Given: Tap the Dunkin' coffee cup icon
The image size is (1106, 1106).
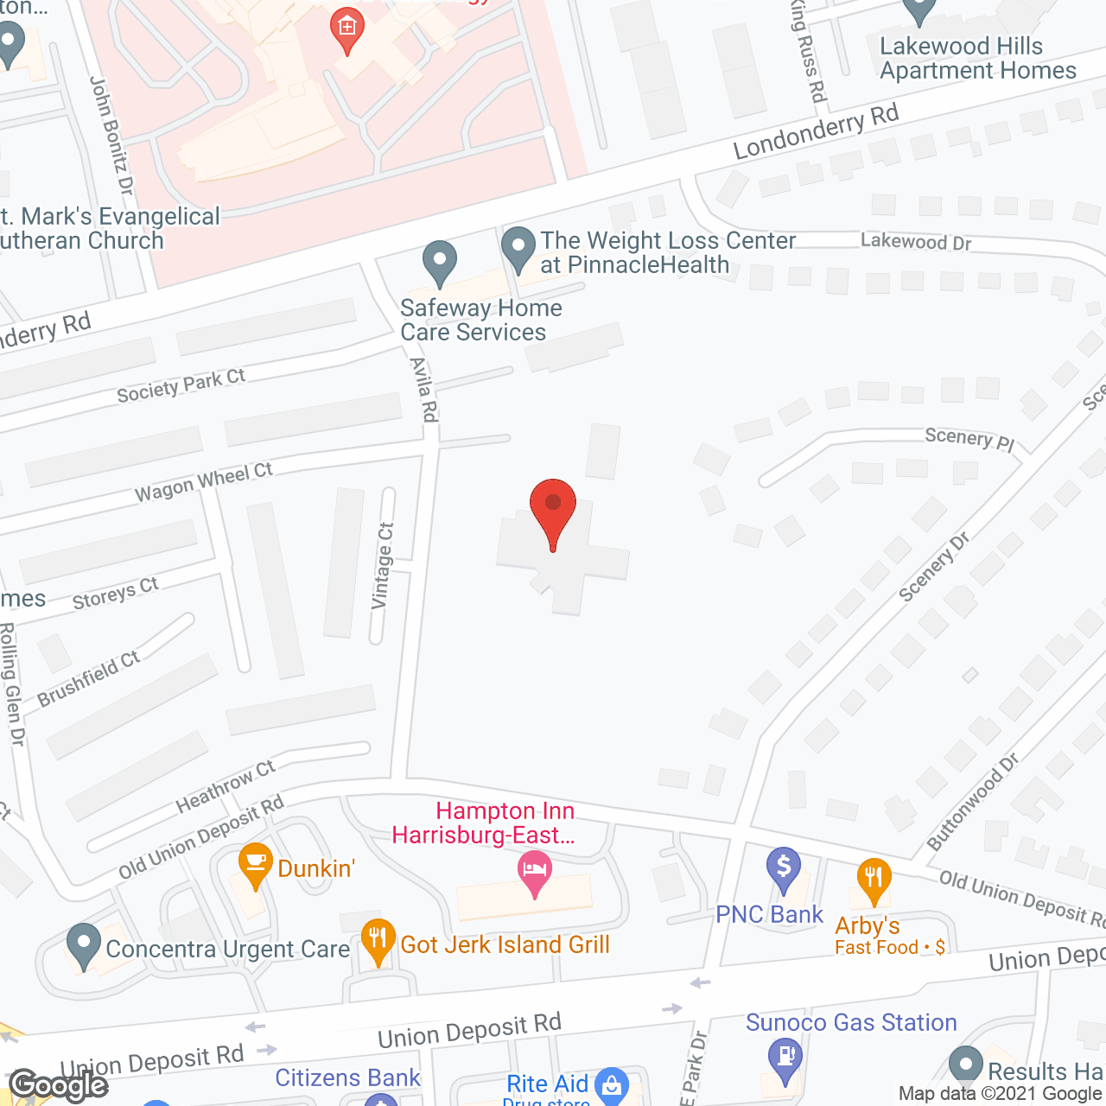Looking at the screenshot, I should pos(255,864).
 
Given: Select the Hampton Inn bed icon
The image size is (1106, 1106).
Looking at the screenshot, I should pos(535,873).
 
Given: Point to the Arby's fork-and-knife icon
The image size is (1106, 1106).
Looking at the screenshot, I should pos(874,880).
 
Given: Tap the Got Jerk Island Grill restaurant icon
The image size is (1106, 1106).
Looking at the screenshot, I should pos(378,941).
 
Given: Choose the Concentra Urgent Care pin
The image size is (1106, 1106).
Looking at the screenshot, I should pos(84,945).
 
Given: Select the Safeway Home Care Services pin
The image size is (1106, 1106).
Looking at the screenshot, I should pos(440,262).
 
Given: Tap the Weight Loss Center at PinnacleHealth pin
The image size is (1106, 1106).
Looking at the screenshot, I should pos(518,248).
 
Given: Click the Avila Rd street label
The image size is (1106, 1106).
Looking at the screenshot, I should pos(423,389).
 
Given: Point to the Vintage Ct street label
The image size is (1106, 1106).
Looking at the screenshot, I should pos(383,566).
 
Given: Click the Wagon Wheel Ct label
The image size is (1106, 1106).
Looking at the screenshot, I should pos(204,481).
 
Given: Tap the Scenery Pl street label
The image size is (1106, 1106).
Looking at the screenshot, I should pos(969,438).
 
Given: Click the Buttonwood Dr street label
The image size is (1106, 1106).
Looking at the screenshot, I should pos(973,801).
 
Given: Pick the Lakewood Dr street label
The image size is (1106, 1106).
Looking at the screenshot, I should pos(916,241).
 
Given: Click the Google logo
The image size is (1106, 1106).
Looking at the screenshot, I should pos(59,1085).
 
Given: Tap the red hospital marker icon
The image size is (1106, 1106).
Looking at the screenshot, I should pos(346,30).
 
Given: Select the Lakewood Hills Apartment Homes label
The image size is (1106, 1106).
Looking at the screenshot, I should pos(977,58).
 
